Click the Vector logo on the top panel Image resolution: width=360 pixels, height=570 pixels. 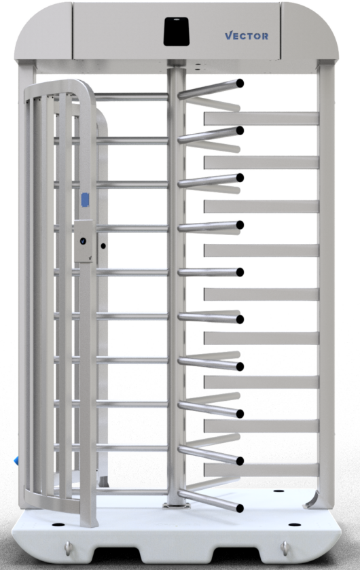[x=247, y=35]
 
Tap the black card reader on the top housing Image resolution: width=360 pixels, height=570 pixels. [x=176, y=31]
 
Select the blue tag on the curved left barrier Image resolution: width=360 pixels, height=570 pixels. [x=85, y=200]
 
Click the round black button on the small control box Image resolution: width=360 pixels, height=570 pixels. [x=83, y=241]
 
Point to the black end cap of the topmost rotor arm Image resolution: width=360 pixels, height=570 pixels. [x=240, y=84]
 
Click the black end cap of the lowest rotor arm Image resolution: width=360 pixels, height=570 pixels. [x=240, y=508]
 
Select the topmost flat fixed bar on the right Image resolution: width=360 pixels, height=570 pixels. [x=262, y=118]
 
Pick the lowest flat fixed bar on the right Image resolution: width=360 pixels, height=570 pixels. [x=262, y=469]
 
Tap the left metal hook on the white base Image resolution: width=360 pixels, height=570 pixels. [x=67, y=548]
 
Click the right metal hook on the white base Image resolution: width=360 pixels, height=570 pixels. [x=285, y=548]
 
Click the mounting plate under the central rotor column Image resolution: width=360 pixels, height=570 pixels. [x=176, y=505]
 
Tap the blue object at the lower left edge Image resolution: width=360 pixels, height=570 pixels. [x=16, y=461]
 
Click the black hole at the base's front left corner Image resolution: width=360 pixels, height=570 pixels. [x=58, y=524]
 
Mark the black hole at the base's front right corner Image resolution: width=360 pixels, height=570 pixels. [x=295, y=524]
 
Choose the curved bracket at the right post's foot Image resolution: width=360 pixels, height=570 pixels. [x=312, y=500]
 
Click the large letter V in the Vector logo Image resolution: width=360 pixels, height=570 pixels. [x=229, y=35]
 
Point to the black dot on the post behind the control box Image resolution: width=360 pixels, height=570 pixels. [x=103, y=246]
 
